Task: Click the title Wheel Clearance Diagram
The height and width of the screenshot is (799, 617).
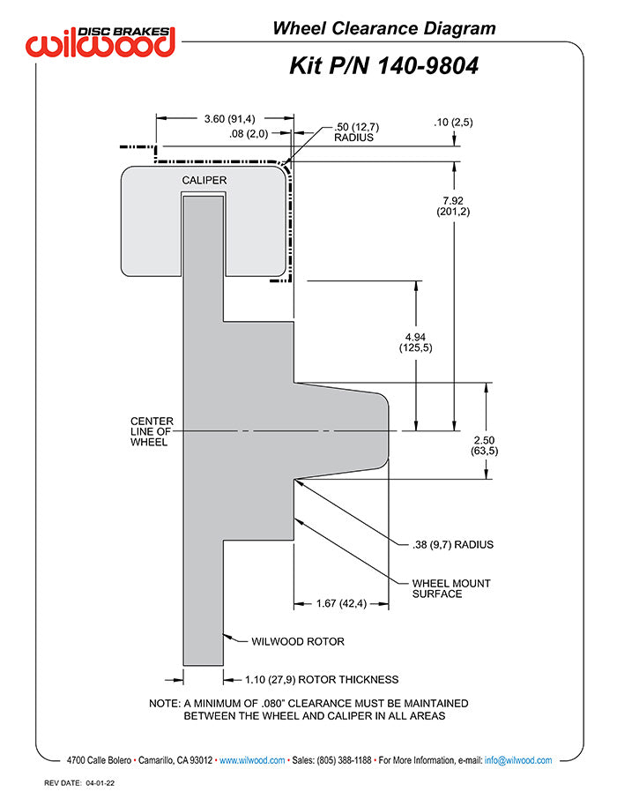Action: coord(383,28)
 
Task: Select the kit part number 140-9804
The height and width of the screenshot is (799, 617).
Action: coord(383,66)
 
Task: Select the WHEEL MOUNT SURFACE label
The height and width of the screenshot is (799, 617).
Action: coord(451,588)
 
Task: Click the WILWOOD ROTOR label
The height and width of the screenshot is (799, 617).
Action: coord(298,641)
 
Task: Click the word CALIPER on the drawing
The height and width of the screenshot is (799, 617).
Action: coord(204,181)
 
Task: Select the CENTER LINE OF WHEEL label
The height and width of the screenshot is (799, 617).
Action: coord(152,431)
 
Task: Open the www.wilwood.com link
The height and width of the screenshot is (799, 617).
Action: coord(251,760)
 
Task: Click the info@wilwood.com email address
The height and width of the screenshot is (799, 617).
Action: coord(518,760)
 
